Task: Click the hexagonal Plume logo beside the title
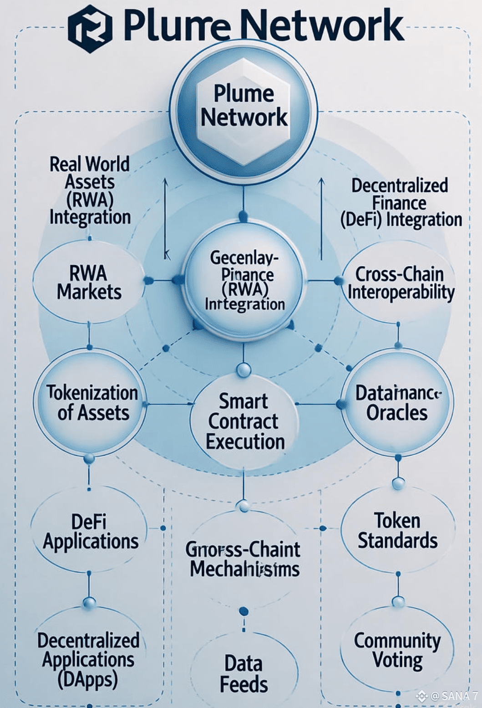(90, 28)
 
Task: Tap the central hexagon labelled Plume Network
(244, 106)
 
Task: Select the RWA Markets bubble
(89, 282)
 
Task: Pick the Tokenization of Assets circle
(91, 403)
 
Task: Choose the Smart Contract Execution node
(244, 421)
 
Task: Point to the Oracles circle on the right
(397, 403)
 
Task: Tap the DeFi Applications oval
(90, 531)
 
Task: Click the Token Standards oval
(398, 530)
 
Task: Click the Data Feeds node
(244, 674)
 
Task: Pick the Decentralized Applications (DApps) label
(88, 659)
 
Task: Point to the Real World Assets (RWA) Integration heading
(90, 190)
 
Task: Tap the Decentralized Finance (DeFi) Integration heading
(401, 203)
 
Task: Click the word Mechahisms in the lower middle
(244, 569)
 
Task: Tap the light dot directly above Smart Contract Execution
(244, 369)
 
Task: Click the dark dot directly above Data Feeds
(244, 611)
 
